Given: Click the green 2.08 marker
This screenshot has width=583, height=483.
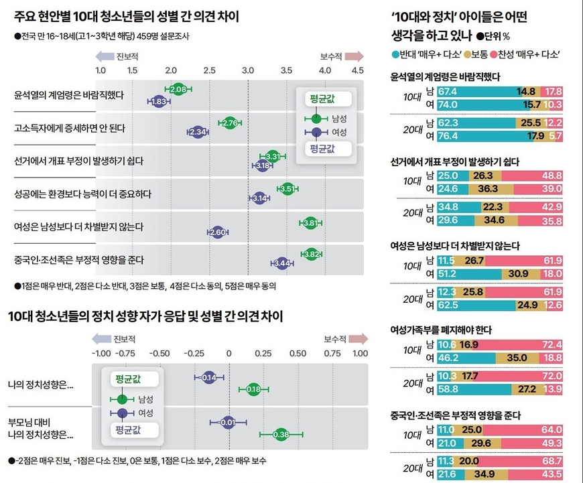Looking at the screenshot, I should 178,89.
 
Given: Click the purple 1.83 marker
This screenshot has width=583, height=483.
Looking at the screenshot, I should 159,101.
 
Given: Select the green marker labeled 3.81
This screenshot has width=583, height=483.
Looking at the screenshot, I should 310,222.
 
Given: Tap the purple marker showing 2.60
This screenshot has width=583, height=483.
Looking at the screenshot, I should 217,232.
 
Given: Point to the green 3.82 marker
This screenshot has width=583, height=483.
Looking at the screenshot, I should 311,254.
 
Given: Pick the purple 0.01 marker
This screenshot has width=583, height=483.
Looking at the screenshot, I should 229,422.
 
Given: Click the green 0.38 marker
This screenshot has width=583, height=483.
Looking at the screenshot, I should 281,435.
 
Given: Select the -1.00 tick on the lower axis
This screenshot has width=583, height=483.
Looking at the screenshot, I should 101,353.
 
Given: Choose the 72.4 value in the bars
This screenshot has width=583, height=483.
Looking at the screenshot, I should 553,344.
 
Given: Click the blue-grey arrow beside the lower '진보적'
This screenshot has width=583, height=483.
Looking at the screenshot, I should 105,339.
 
